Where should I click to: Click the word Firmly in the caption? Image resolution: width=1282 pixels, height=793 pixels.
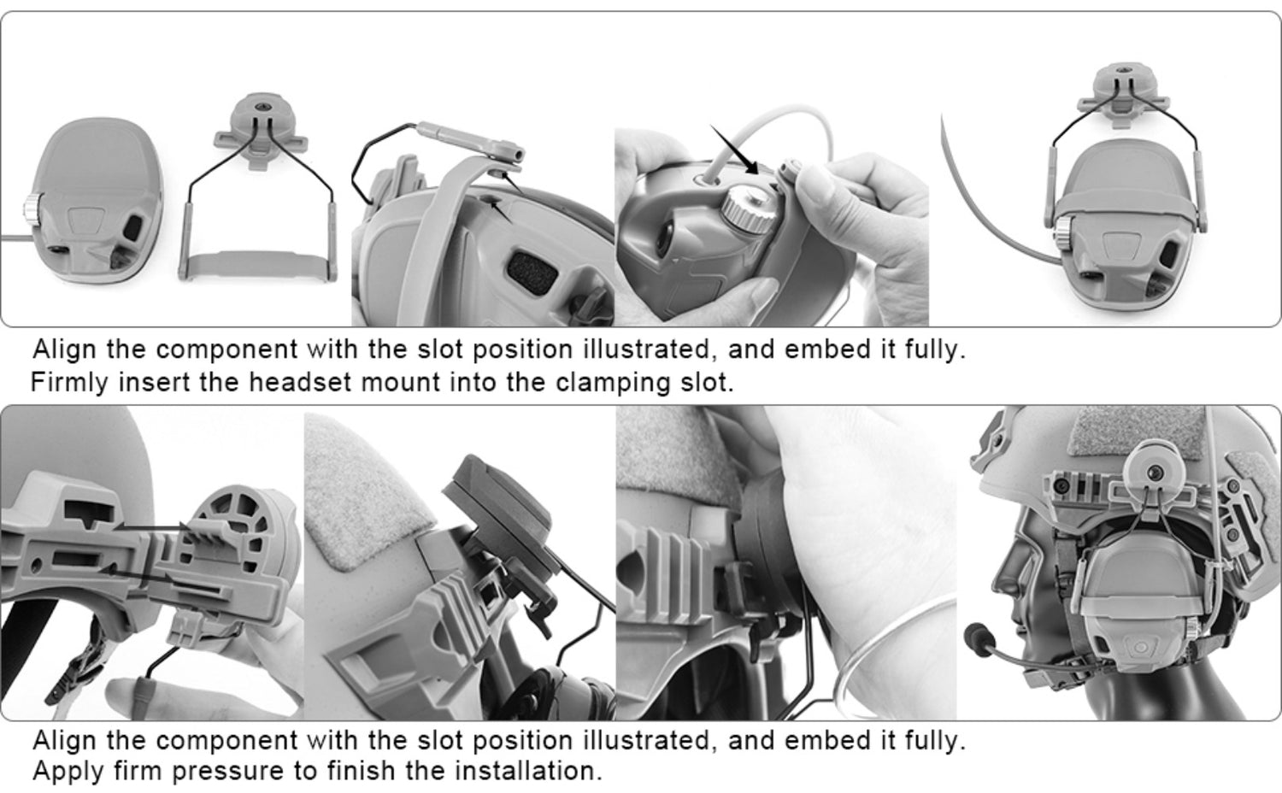click(x=69, y=382)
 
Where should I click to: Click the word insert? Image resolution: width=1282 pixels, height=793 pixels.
click(x=155, y=382)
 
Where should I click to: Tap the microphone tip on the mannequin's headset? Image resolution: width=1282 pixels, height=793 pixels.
click(x=973, y=635)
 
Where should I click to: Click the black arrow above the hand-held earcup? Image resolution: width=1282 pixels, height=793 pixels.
click(x=734, y=149)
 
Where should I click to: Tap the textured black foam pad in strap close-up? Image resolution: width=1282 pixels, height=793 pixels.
click(x=532, y=273)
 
